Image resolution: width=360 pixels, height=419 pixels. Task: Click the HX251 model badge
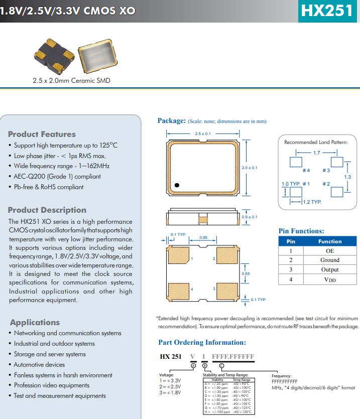tap(329, 11)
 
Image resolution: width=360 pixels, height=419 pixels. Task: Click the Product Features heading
tap(42, 134)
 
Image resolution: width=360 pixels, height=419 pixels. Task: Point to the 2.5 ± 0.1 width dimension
tap(203, 134)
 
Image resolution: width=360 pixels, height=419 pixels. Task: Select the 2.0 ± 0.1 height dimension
tap(249, 168)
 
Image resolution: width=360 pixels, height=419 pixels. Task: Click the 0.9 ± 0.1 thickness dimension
tap(250, 217)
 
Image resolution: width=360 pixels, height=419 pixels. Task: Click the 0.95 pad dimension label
tap(203, 237)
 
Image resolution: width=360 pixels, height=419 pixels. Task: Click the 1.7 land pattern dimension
tap(317, 153)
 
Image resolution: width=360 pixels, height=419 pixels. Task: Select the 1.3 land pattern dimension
tap(347, 177)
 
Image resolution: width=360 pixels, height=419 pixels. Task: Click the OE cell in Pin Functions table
tap(330, 250)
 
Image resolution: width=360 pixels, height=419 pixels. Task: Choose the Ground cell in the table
tap(330, 260)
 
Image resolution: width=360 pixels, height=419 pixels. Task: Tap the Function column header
tap(330, 241)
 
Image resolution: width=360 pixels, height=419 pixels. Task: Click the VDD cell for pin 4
tap(330, 280)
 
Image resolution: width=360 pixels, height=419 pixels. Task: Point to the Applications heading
tap(35, 322)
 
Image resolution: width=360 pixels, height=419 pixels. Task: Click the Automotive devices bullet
tap(39, 364)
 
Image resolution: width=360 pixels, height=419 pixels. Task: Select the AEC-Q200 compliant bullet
tap(57, 176)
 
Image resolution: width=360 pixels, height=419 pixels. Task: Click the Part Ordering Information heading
tap(202, 342)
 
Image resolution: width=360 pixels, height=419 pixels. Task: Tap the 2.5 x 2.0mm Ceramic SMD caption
tap(71, 80)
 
